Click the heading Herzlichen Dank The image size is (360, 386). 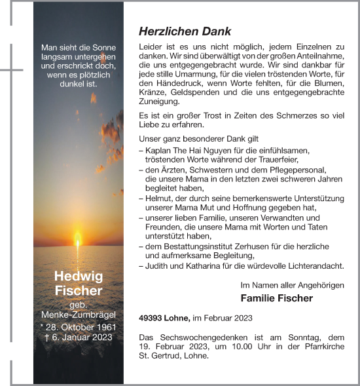coord(185,31)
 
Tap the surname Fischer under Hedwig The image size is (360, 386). coord(78,290)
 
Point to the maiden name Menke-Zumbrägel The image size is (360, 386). coord(78,315)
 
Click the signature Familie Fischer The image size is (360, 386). coord(277,298)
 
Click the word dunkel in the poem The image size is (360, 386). coord(69,85)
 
